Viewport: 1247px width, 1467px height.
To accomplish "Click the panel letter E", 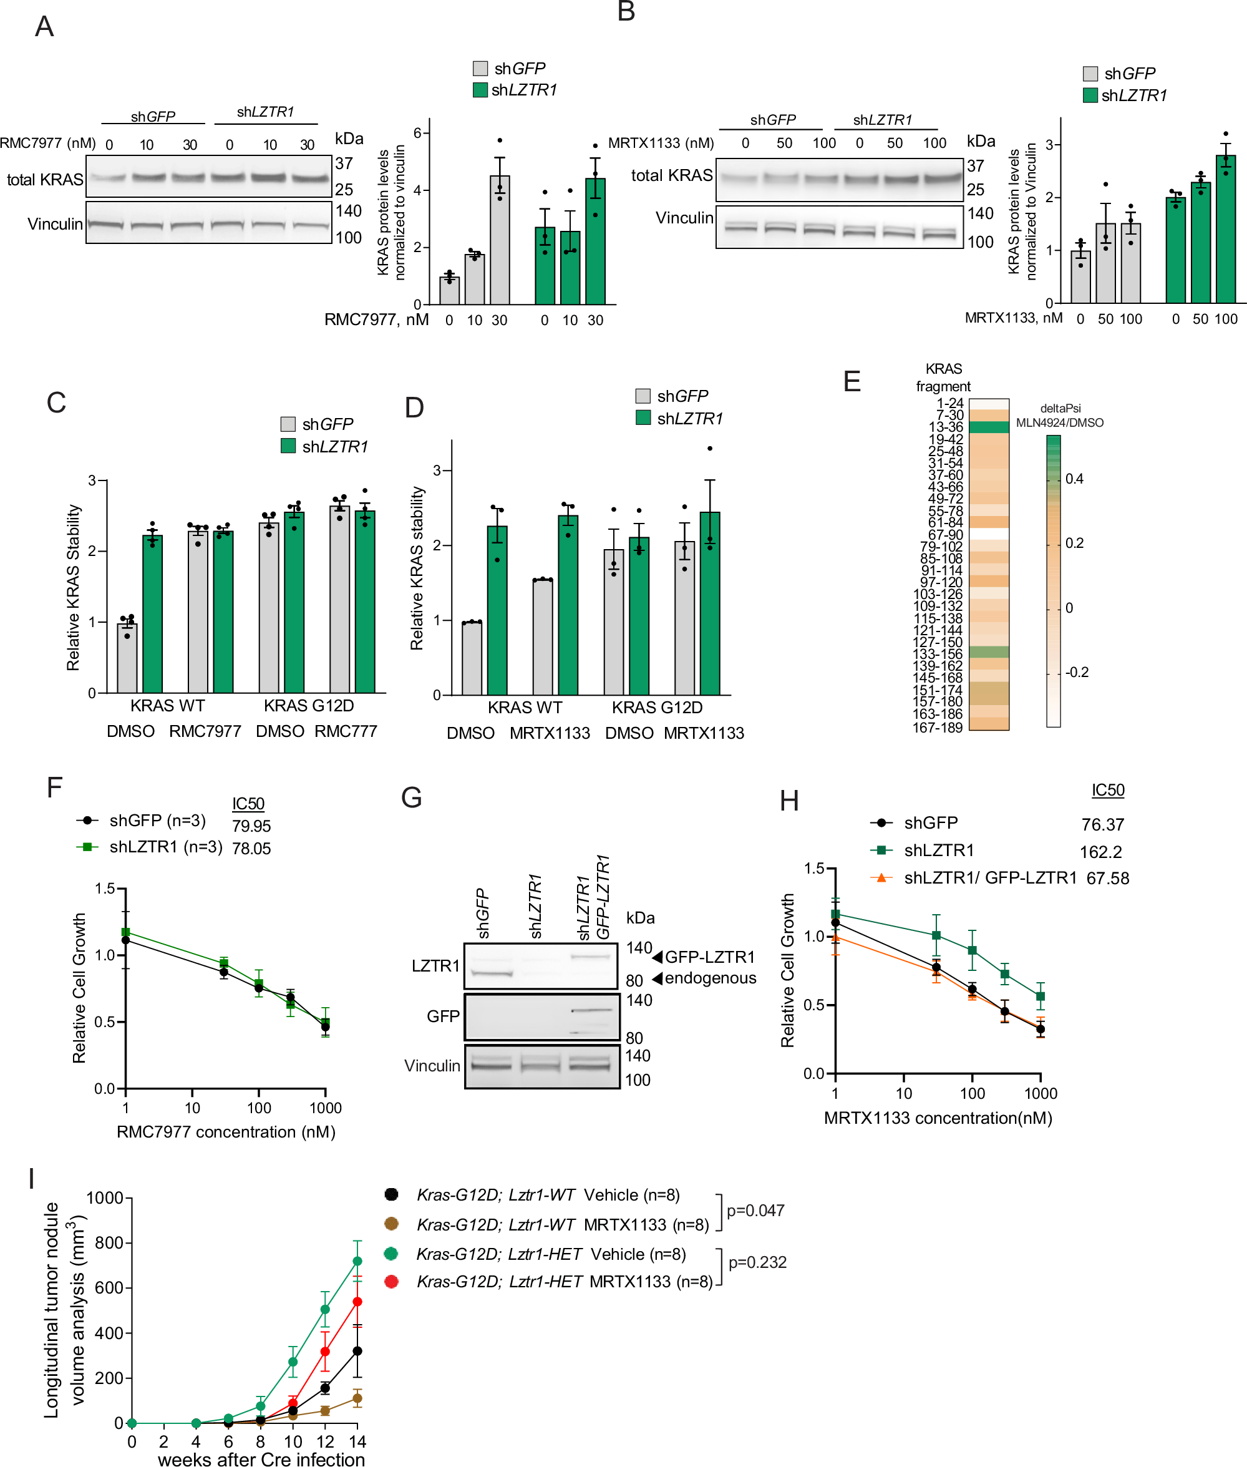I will point(852,381).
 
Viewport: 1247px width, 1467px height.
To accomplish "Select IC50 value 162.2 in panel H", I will point(1100,852).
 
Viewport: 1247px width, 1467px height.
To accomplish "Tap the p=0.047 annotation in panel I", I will point(755,1211).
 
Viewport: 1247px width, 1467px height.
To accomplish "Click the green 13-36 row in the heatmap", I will point(988,427).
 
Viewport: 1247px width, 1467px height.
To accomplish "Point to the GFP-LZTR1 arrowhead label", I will point(709,957).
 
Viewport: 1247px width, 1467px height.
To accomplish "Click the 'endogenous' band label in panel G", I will point(710,978).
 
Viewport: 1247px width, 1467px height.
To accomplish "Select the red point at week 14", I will point(357,1302).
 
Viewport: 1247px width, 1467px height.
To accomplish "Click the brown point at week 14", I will point(357,1398).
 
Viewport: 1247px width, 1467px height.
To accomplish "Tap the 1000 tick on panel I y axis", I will point(105,1197).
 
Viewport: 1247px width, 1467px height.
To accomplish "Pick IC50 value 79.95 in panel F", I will point(251,826).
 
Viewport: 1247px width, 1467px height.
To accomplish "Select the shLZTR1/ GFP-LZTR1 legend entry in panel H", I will point(990,877).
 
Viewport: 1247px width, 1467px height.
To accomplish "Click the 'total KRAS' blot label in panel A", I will point(44,180).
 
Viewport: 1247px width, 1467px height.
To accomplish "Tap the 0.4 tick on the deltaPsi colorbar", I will point(1074,479).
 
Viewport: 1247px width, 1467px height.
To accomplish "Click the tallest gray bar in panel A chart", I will point(499,240).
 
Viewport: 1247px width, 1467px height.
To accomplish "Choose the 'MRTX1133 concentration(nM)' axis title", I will point(938,1118).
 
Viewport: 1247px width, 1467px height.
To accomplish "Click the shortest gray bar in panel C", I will point(127,658).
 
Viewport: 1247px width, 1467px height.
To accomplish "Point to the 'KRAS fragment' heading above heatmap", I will point(943,378).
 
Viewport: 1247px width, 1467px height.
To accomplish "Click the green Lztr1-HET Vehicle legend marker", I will point(391,1254).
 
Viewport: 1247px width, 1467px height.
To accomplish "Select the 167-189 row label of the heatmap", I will point(938,727).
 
